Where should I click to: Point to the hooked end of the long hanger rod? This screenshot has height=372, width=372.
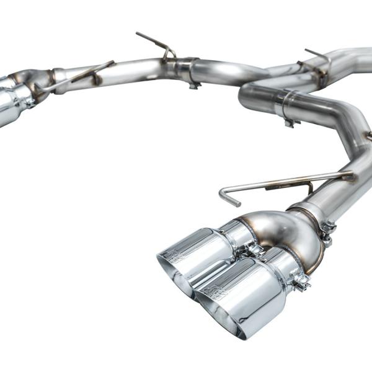pyautogui.click(x=225, y=197)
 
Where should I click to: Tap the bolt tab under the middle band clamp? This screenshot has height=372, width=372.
pyautogui.click(x=289, y=123)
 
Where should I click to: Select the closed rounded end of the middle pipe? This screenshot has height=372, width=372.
pyautogui.click(x=246, y=97)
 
